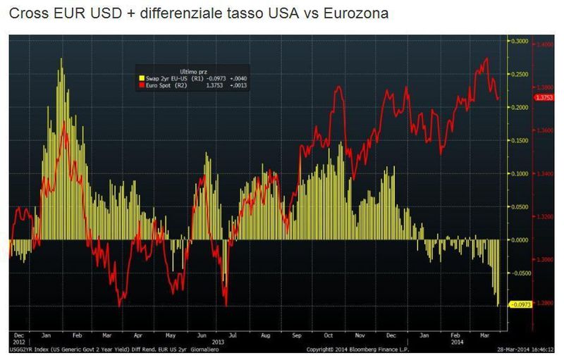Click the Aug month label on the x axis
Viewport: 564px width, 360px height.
pyautogui.click(x=266, y=336)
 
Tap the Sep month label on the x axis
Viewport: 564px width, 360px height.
pyautogui.click(x=298, y=336)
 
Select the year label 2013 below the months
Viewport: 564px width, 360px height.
pyautogui.click(x=219, y=342)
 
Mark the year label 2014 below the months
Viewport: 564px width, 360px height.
pyautogui.click(x=458, y=342)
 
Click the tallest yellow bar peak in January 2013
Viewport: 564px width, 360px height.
pyautogui.click(x=61, y=60)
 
